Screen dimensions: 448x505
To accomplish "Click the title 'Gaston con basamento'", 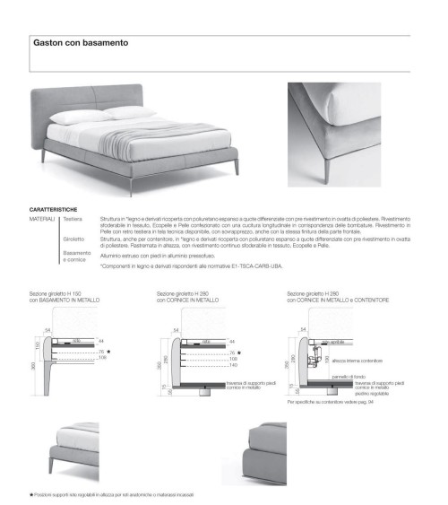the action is (82, 42).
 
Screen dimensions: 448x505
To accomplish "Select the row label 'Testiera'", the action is (73, 218).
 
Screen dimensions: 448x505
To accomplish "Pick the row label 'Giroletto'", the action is (74, 239).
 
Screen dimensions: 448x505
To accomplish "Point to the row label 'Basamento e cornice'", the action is (77, 257).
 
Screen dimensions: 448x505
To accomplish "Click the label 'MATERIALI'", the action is (42, 218).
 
